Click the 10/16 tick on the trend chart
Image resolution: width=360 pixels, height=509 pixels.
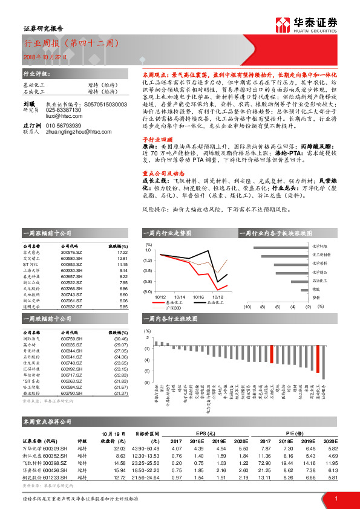pos(198,297)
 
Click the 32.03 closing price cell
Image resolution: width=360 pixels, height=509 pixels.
pos(119,449)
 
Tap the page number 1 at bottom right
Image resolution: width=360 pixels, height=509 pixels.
pos(335,498)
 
